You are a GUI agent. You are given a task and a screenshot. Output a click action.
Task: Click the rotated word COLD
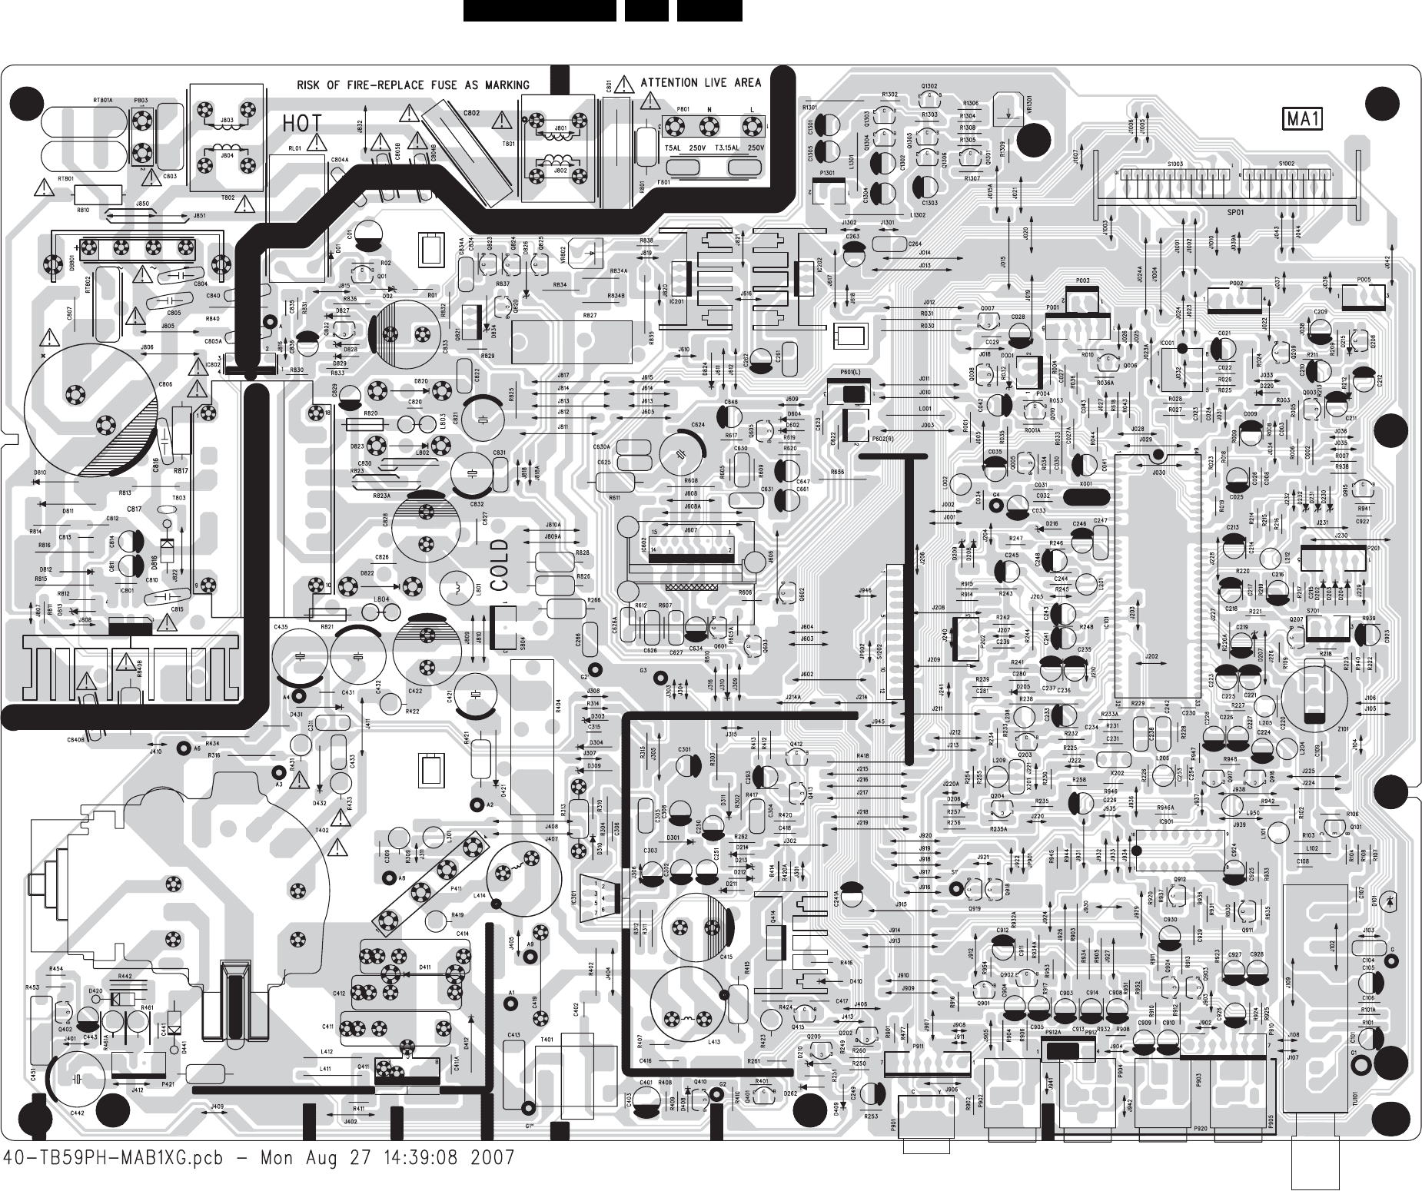(x=500, y=565)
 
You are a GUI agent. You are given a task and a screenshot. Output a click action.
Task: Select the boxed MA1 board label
(x=1302, y=120)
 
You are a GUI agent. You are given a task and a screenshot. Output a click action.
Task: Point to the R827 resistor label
(x=590, y=316)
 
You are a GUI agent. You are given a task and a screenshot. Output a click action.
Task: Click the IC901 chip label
(x=1165, y=821)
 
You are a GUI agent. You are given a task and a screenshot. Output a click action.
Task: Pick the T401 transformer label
(x=547, y=1039)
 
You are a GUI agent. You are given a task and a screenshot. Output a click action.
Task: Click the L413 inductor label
(x=714, y=1042)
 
